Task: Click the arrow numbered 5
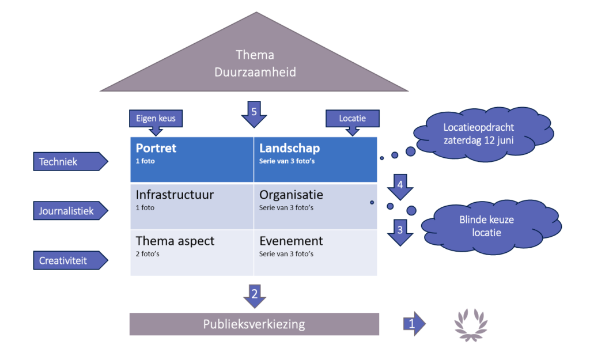254,113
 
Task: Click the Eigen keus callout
156,119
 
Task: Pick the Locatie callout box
353,119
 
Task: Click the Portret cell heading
156,148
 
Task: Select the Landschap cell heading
289,148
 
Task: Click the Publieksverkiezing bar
254,324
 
